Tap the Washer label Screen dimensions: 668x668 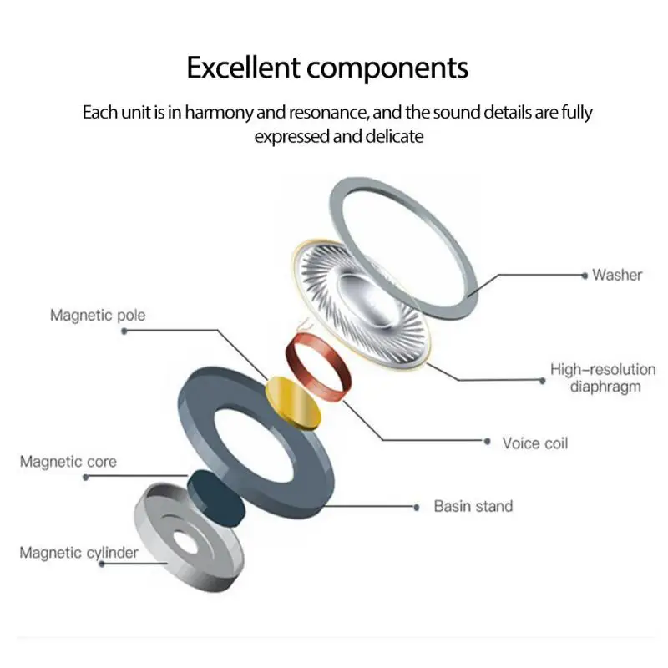click(617, 274)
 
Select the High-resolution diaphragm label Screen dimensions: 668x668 click(603, 377)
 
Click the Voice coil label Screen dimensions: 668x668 click(535, 443)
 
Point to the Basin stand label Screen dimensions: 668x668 click(473, 506)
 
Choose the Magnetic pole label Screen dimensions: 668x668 click(98, 315)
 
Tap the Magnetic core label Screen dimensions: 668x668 click(68, 462)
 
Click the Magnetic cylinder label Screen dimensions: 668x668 click(79, 552)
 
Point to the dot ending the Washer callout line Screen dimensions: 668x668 click(584, 274)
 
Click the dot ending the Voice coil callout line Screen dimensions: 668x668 click(487, 441)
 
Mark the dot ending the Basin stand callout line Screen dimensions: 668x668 click(416, 506)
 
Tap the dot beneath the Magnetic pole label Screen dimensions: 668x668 click(124, 331)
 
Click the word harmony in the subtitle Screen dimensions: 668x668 click(215, 112)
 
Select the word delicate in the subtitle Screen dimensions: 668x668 click(394, 135)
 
